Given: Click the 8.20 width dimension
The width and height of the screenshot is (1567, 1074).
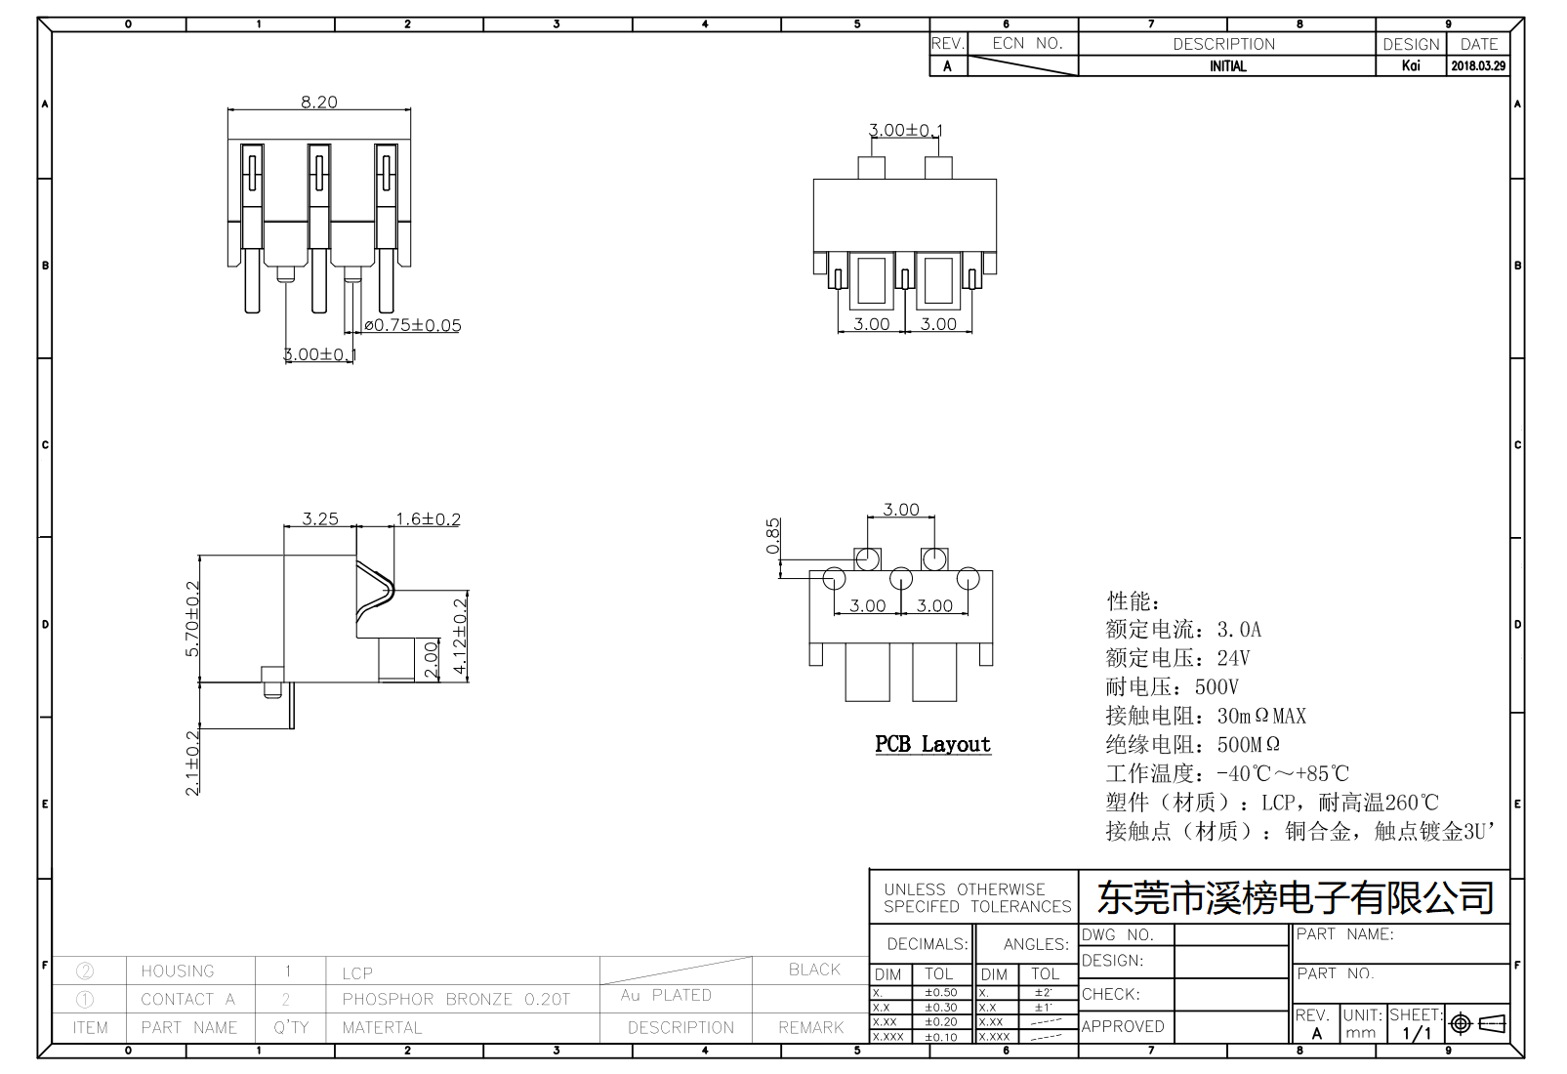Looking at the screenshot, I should (x=319, y=102).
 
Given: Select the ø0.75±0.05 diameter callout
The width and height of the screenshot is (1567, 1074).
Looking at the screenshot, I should (x=412, y=325).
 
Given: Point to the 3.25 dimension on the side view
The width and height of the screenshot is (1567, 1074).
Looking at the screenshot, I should (x=320, y=518).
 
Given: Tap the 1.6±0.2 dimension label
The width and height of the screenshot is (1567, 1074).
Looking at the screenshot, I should (x=428, y=518).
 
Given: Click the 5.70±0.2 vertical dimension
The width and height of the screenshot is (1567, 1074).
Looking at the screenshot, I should (x=192, y=619).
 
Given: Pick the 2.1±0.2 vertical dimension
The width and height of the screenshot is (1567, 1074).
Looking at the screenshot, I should (x=192, y=763).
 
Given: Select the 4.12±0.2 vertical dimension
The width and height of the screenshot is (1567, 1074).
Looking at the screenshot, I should (x=461, y=637).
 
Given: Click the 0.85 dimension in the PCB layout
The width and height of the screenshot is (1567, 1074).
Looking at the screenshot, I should (x=773, y=536).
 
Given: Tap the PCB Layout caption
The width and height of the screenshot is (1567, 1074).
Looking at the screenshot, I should (x=932, y=744).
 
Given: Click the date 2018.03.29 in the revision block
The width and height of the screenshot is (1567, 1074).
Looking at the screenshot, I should (x=1478, y=66).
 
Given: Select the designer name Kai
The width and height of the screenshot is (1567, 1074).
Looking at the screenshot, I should (x=1411, y=66).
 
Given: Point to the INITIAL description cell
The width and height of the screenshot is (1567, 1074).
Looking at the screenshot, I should (x=1227, y=66).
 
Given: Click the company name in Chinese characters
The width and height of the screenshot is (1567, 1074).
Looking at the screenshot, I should (x=1296, y=897).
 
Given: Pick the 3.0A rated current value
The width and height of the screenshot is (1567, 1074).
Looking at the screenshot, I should (x=1239, y=630).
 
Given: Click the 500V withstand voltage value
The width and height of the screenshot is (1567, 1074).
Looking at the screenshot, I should (x=1216, y=687).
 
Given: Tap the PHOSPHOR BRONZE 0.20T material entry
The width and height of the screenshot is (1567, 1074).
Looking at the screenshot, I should (x=456, y=999).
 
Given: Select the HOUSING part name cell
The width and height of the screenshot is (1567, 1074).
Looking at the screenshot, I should (x=178, y=971).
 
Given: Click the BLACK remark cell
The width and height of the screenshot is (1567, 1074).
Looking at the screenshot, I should (x=814, y=970).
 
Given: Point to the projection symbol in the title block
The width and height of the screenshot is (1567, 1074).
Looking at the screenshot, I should (x=1478, y=1023).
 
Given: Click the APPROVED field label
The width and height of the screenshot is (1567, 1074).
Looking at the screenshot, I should (x=1123, y=1026).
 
